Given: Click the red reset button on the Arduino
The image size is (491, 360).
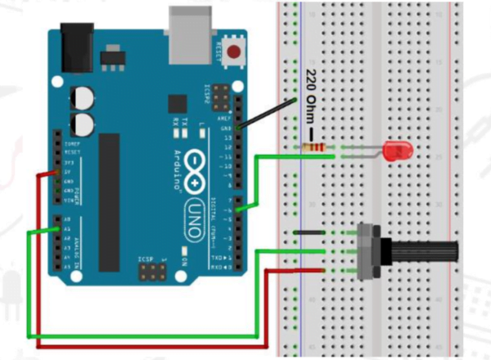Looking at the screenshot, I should coord(236,52).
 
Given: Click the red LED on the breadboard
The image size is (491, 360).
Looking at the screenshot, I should coord(399,150).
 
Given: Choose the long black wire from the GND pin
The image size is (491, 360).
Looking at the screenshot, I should coord(266,115).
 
